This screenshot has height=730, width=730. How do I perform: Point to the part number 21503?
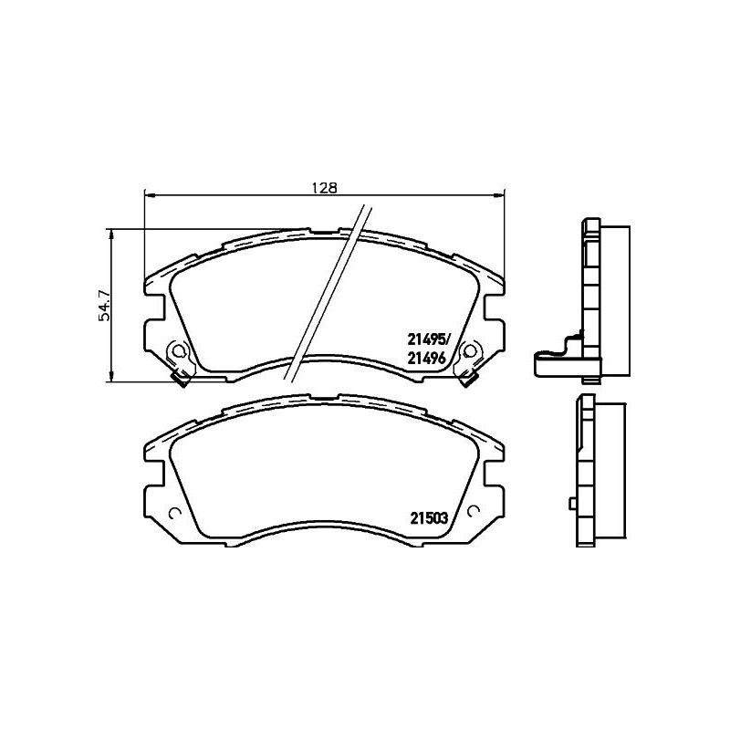[427, 517]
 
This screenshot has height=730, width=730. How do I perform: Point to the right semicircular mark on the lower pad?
[474, 510]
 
